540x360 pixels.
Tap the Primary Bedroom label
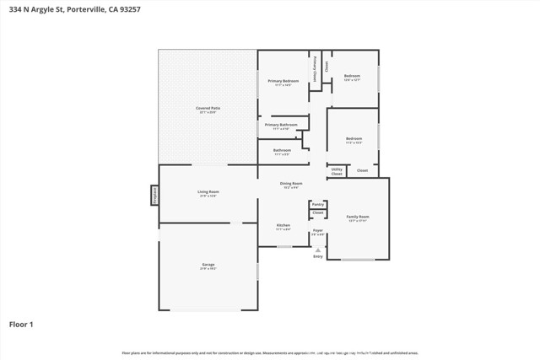coord(284,82)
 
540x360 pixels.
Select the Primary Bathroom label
coord(281,126)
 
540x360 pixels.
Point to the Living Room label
coord(208,193)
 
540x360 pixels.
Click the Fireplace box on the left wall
coord(154,195)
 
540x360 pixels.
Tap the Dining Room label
coord(291,184)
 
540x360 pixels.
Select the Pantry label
coord(317,204)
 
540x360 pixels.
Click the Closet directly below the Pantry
coord(317,213)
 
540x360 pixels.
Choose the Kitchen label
coord(283,226)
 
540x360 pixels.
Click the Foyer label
coord(317,231)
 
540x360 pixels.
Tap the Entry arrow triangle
coord(317,250)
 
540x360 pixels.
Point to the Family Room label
coord(358,218)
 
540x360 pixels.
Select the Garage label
coord(208,266)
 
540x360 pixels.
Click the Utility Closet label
coord(337,171)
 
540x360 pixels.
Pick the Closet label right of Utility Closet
coord(362,170)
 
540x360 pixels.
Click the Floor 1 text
coord(21,323)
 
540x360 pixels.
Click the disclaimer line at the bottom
coord(270,352)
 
